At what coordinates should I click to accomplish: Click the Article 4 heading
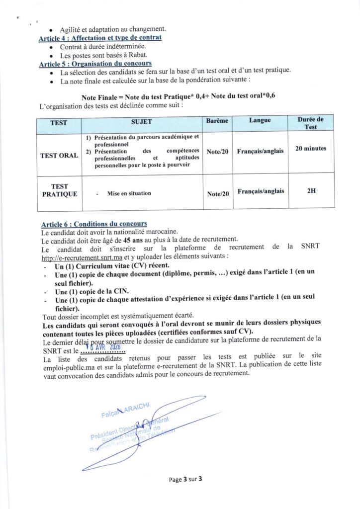(x=100, y=38)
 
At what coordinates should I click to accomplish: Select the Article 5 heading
(x=95, y=64)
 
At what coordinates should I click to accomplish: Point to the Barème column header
(x=217, y=121)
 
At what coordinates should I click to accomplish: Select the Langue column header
(x=260, y=121)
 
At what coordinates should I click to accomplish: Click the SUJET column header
(x=142, y=121)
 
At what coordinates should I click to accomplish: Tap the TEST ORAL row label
(x=59, y=156)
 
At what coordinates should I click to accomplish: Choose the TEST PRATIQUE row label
(x=59, y=190)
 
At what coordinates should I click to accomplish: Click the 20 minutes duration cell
(x=311, y=149)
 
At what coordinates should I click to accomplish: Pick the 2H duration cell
(x=311, y=190)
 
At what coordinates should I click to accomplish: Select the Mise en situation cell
(x=129, y=193)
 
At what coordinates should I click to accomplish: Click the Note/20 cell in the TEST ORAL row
(x=217, y=152)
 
